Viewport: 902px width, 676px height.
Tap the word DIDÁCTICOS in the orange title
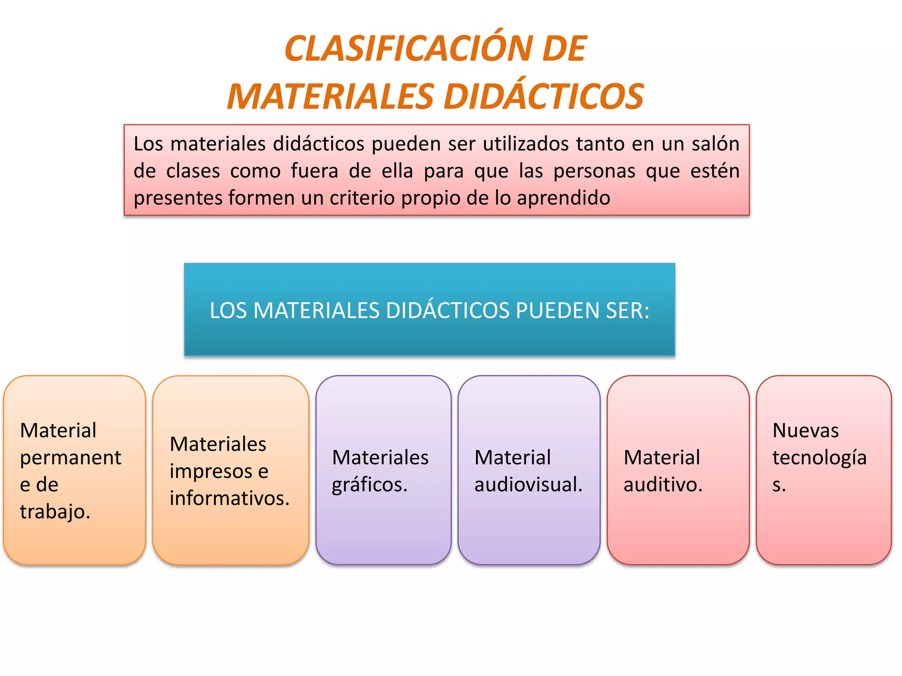(543, 97)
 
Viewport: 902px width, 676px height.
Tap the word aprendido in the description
(563, 198)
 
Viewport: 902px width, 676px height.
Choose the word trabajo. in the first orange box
(55, 511)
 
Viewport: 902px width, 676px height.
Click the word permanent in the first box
(70, 458)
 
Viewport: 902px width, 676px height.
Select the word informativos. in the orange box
(229, 498)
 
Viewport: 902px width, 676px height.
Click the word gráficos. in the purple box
(370, 485)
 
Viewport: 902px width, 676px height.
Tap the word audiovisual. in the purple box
(528, 485)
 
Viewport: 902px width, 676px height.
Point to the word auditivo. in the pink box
(663, 485)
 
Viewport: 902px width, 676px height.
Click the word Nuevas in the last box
(806, 430)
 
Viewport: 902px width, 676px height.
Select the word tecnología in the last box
(819, 458)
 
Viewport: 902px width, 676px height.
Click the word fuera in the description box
(314, 171)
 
